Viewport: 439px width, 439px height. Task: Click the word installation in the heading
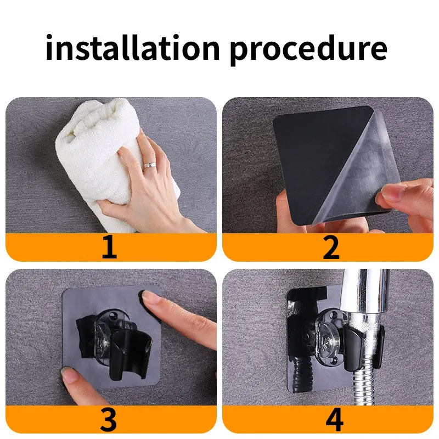point(132,47)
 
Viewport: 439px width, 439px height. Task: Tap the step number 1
point(109,246)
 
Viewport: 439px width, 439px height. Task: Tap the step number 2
point(331,246)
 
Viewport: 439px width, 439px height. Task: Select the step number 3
point(109,419)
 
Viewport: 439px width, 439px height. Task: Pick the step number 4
point(335,419)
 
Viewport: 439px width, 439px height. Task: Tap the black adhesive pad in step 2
point(317,162)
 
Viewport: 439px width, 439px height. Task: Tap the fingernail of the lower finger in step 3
point(69,374)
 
